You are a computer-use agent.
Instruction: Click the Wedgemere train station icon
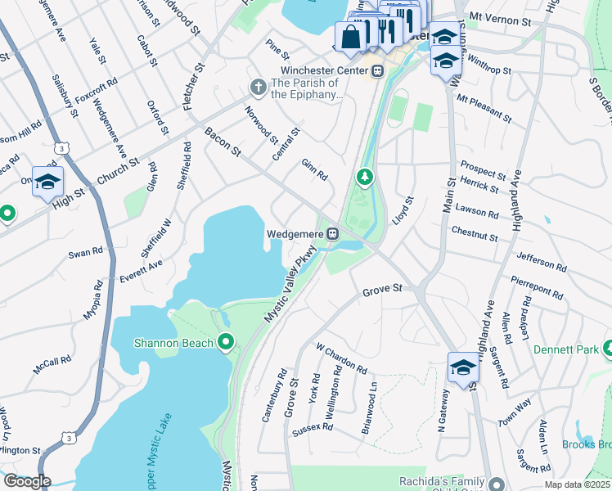pyautogui.click(x=333, y=234)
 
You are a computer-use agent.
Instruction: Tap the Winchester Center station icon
pyautogui.click(x=377, y=70)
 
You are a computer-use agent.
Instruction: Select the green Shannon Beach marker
pyautogui.click(x=225, y=343)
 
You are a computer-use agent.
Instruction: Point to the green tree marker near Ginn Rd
pyautogui.click(x=364, y=176)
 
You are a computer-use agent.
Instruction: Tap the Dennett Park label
pyautogui.click(x=565, y=349)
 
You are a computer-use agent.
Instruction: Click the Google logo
pyautogui.click(x=26, y=481)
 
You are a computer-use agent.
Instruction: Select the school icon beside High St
pyautogui.click(x=47, y=181)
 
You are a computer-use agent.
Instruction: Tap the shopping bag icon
pyautogui.click(x=350, y=36)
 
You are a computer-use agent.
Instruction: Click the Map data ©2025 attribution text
pyautogui.click(x=577, y=484)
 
